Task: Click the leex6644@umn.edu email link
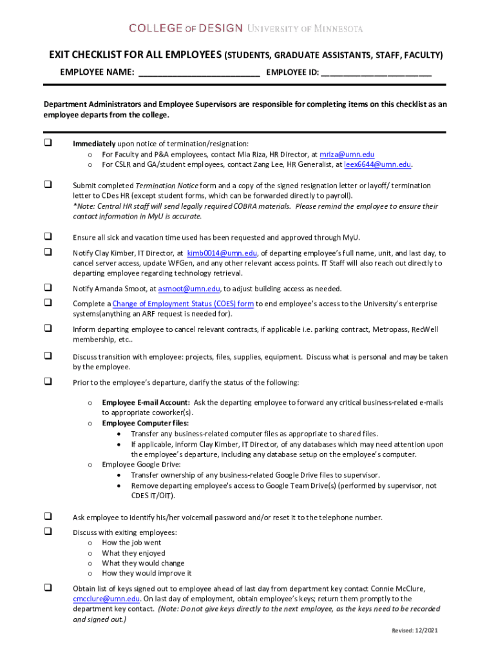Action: tap(377, 164)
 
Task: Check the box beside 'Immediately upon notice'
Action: tap(48, 143)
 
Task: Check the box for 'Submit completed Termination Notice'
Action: tap(48, 185)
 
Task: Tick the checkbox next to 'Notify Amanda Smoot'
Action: tap(48, 287)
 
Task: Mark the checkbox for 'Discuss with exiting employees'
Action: tap(48, 532)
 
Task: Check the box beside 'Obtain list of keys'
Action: tap(48, 588)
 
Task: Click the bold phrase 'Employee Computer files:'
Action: tap(145, 423)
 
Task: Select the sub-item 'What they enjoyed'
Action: tap(133, 553)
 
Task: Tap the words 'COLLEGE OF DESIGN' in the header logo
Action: tap(186, 28)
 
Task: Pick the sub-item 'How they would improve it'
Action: tap(146, 573)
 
